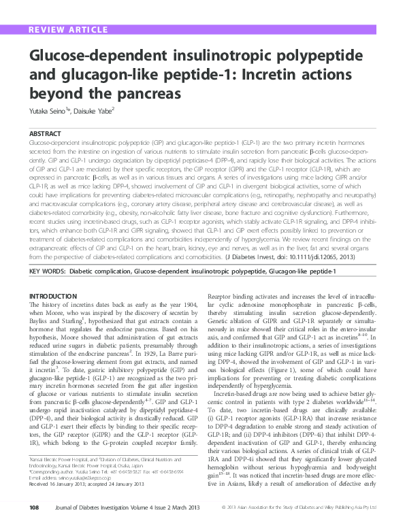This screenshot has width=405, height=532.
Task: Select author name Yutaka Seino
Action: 48,109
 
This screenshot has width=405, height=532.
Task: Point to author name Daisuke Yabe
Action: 93,109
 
